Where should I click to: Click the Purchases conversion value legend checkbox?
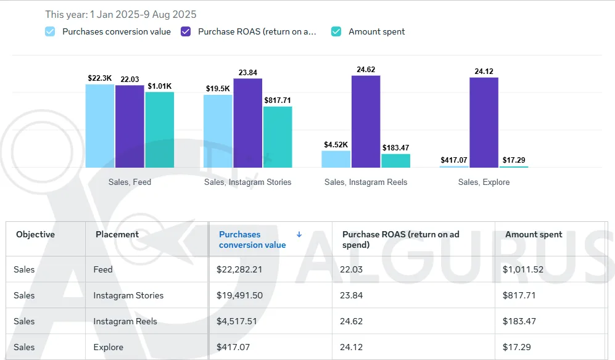click(x=50, y=32)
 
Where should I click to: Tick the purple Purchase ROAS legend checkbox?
click(x=186, y=32)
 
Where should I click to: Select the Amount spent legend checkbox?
click(x=336, y=32)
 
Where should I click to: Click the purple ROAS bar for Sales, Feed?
click(x=130, y=126)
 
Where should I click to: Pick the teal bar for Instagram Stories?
click(x=278, y=137)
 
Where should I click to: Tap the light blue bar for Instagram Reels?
click(x=336, y=159)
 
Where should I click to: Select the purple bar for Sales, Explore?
click(x=484, y=123)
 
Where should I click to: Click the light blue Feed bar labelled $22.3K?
click(x=100, y=126)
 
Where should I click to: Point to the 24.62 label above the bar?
click(x=366, y=70)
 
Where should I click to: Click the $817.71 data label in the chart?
click(x=278, y=100)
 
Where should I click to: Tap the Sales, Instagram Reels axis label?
click(x=366, y=182)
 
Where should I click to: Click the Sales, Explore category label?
click(x=484, y=182)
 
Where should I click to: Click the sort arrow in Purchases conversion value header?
click(x=299, y=234)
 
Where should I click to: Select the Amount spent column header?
click(x=534, y=234)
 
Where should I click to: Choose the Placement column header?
click(x=117, y=234)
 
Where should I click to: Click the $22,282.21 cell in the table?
click(x=239, y=269)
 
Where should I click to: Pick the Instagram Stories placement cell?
click(x=128, y=295)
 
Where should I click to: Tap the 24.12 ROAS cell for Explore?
click(x=352, y=347)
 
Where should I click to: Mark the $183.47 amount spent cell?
click(x=519, y=321)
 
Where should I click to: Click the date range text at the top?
click(x=121, y=15)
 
